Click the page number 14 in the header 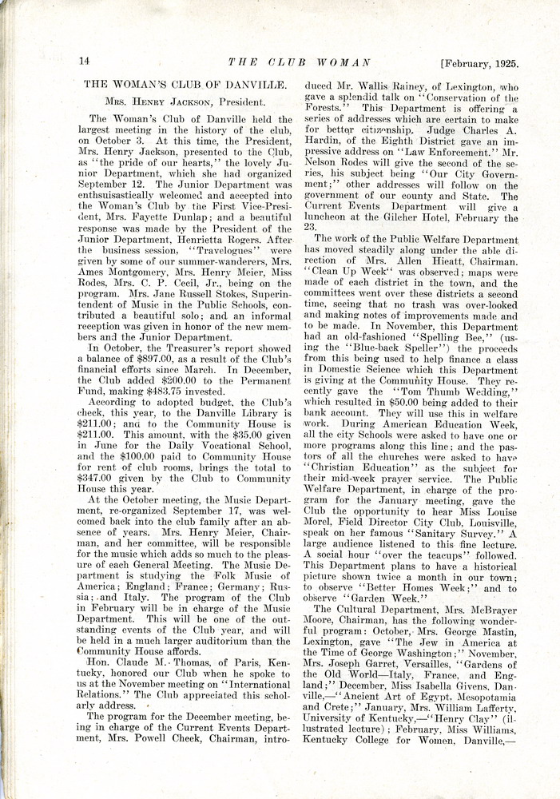[x=84, y=62]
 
